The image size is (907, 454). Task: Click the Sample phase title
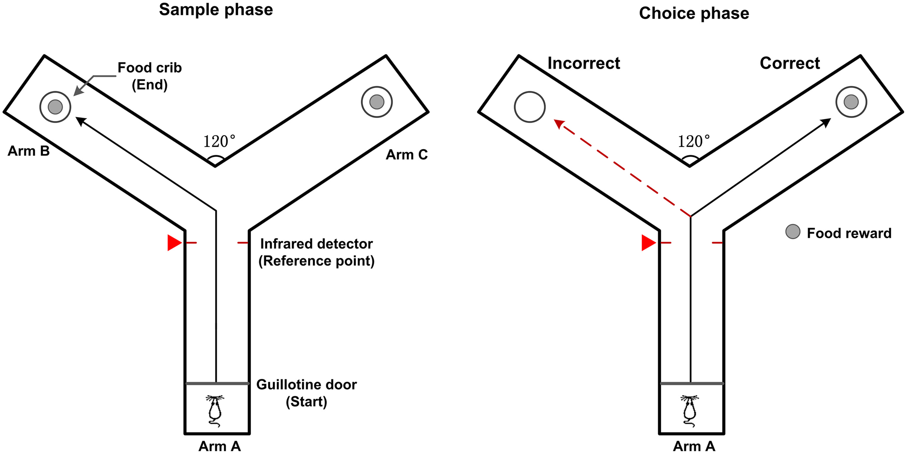pos(216,10)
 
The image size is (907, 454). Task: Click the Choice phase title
pos(694,13)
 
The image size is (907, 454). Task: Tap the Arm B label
pos(29,151)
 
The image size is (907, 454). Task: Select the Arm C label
pos(406,155)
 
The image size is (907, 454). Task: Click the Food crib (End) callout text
pos(149,76)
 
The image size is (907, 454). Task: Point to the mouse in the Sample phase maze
pos(215,411)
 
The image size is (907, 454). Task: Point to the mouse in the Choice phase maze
pos(689,411)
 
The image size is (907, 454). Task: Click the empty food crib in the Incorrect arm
pos(529,107)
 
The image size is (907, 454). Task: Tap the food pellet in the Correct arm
pos(851,102)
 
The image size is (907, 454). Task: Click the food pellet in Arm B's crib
pos(55,107)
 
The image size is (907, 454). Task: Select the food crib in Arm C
pos(377,102)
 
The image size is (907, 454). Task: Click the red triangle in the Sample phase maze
pos(174,243)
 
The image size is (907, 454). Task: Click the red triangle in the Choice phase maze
pos(648,243)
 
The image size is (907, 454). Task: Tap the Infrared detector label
pos(316,252)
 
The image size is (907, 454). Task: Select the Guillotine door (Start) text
pos(307,393)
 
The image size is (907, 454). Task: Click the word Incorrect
pos(584,63)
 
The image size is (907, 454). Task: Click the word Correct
pos(790,63)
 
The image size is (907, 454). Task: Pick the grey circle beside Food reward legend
pos(793,231)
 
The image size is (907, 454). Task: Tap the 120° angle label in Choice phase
pos(693,142)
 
